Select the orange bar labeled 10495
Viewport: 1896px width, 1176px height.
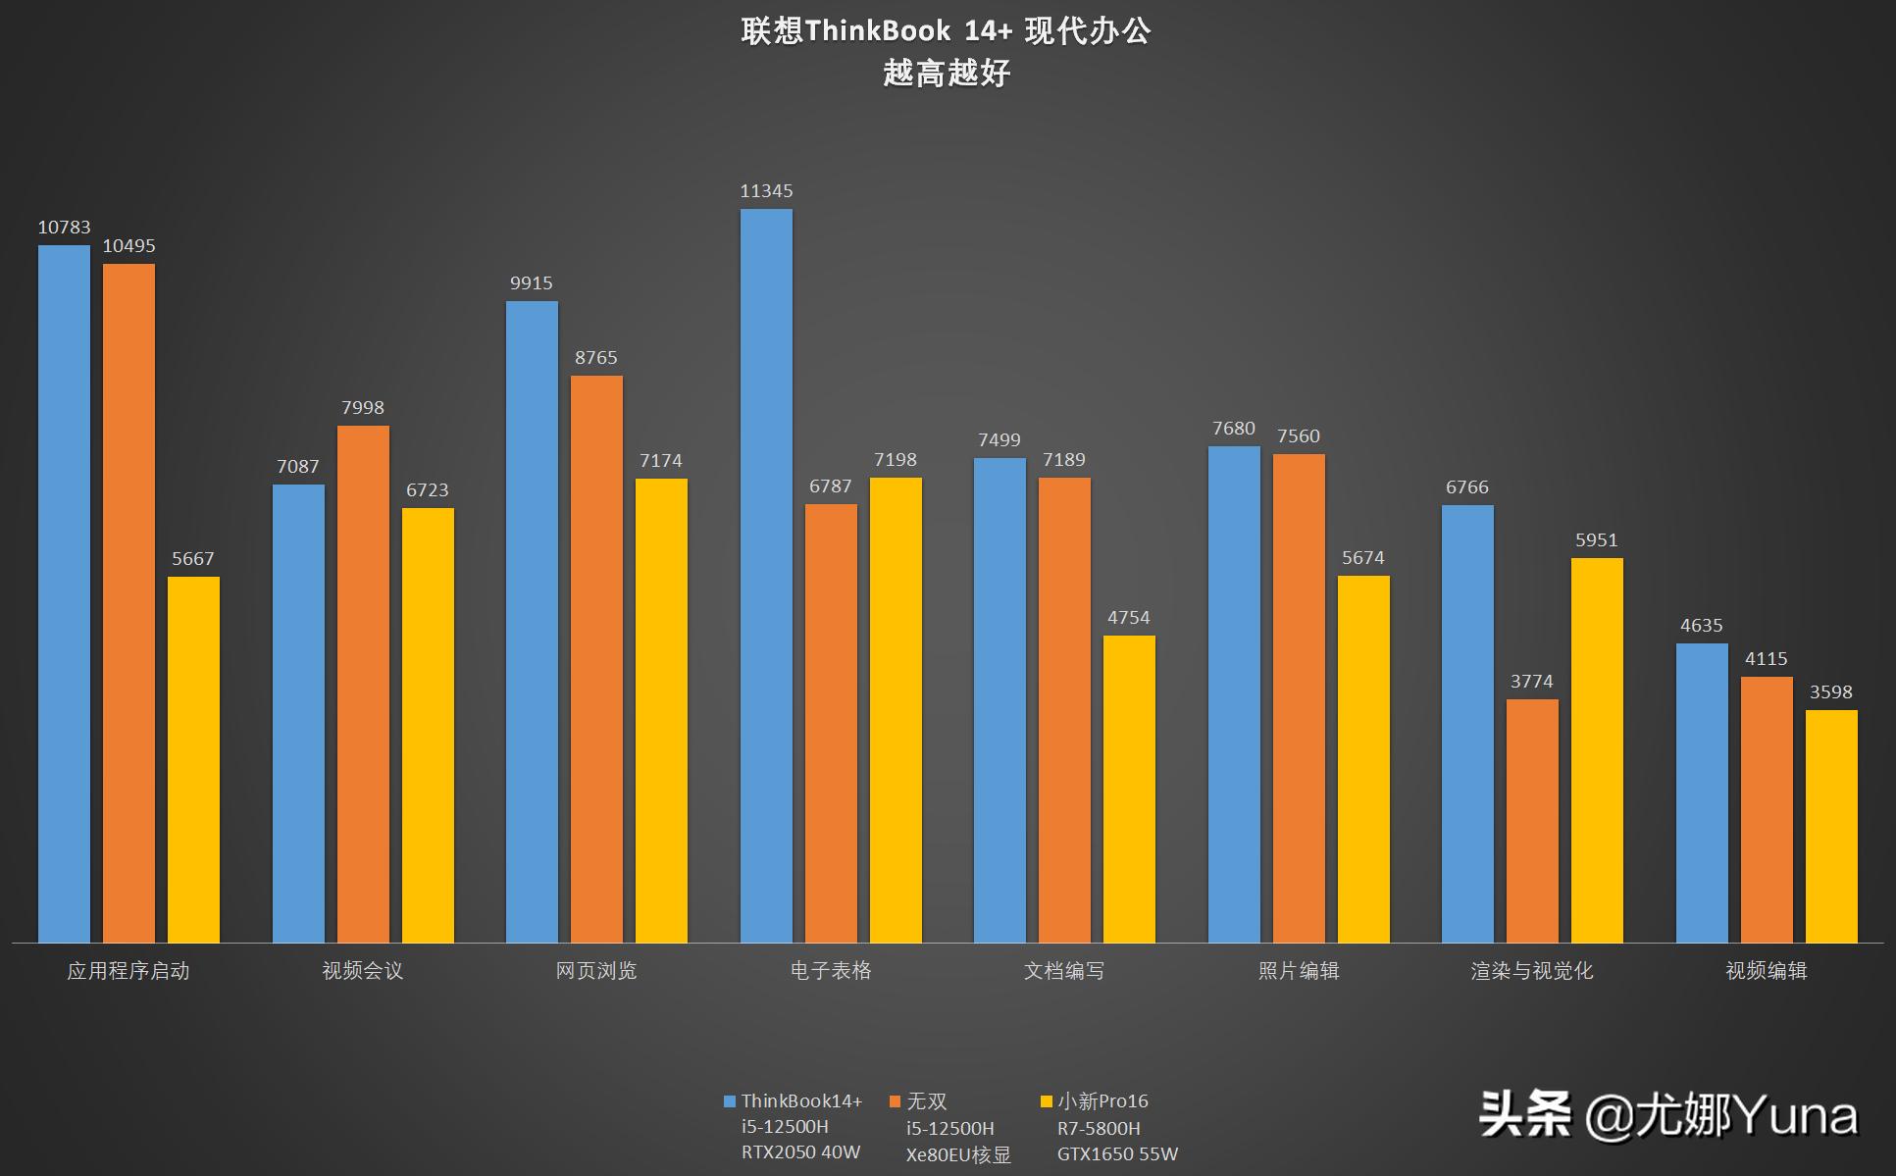click(x=128, y=603)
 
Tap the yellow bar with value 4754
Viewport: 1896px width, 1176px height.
click(x=1129, y=790)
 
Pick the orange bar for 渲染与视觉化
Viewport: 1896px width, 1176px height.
click(x=1532, y=821)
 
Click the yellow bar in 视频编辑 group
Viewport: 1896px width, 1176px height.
click(x=1831, y=827)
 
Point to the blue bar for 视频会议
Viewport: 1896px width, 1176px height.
click(x=298, y=714)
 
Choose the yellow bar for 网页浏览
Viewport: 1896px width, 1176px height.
click(x=661, y=711)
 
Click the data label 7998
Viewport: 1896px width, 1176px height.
click(x=363, y=408)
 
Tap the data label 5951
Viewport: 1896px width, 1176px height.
click(x=1597, y=540)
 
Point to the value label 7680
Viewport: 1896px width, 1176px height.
click(x=1233, y=429)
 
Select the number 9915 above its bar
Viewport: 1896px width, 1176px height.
click(x=532, y=283)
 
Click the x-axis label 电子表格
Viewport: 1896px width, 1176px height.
click(x=831, y=971)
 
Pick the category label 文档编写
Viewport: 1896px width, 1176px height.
click(x=1064, y=971)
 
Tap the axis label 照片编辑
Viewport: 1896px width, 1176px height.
click(x=1299, y=971)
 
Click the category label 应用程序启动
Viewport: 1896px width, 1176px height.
click(x=128, y=971)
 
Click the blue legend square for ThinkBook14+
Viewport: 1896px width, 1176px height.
click(x=729, y=1101)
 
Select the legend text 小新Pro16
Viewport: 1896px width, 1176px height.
click(x=1102, y=1101)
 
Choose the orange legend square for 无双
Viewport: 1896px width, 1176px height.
click(x=895, y=1101)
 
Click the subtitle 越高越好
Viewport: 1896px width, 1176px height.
click(x=947, y=74)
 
